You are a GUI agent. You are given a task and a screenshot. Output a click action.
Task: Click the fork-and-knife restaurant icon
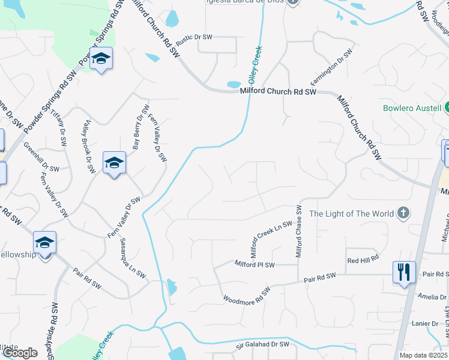(x=402, y=272)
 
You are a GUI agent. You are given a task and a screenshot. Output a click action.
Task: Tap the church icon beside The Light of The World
(x=403, y=213)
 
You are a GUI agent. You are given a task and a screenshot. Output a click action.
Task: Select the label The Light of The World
(x=351, y=214)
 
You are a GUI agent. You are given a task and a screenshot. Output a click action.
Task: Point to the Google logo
(x=20, y=352)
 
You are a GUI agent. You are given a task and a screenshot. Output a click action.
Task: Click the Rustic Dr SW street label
(x=194, y=37)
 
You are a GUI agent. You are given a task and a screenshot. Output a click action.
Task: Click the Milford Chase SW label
(x=298, y=232)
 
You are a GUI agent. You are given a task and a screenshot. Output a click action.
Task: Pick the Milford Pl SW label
(x=254, y=264)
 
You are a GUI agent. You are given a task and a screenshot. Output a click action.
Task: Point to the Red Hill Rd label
(x=363, y=259)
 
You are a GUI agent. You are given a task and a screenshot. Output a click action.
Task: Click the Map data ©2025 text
(x=423, y=355)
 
